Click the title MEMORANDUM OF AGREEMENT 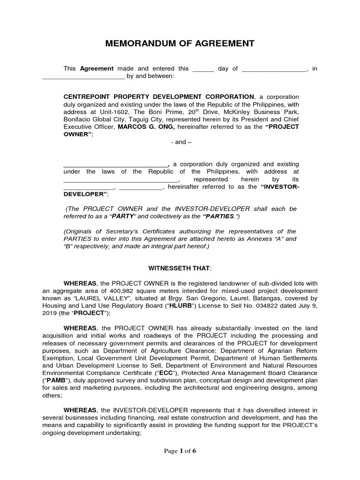[x=180, y=44]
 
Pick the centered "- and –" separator [x=180, y=142]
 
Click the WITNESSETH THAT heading [x=180, y=268]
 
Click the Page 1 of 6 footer [x=180, y=464]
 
